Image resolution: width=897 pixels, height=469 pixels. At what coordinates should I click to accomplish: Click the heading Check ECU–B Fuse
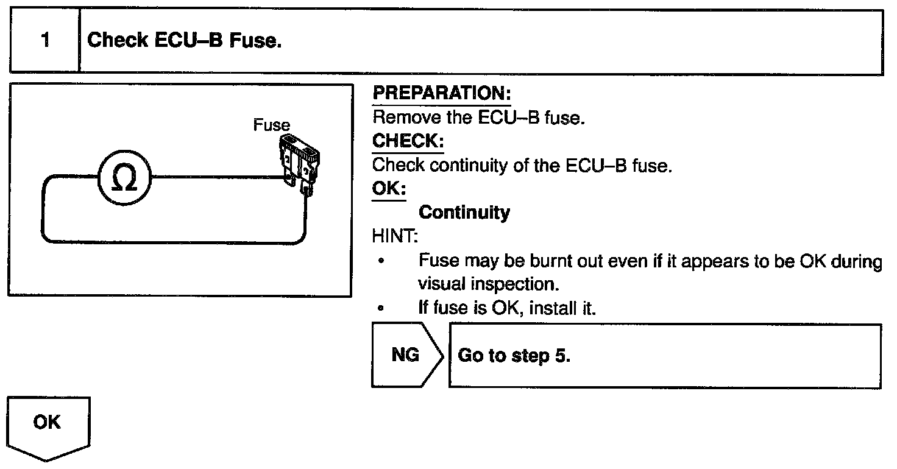coord(185,41)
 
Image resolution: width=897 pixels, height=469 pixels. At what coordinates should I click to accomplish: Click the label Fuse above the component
coord(271,125)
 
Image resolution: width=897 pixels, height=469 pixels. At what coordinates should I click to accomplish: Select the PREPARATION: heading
coord(441,94)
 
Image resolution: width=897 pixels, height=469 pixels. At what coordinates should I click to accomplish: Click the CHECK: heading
coord(408,141)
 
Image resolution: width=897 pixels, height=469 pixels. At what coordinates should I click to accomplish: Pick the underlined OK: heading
coord(388,189)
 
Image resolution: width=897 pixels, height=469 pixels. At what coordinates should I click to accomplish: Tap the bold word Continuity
coord(464,213)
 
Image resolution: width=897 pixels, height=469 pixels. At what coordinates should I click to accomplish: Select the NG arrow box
coord(406,355)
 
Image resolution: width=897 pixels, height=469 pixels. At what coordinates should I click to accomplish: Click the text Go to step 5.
coord(514,356)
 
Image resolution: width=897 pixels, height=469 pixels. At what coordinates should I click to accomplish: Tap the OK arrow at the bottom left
coord(48,427)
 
